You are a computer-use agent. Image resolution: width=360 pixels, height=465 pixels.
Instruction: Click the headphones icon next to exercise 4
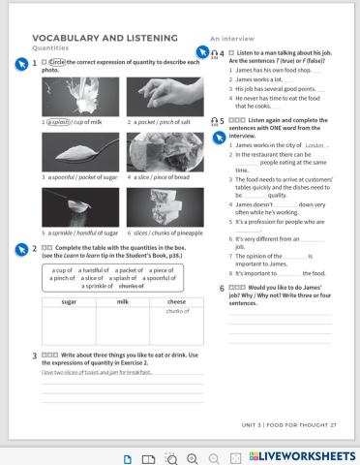(214, 54)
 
